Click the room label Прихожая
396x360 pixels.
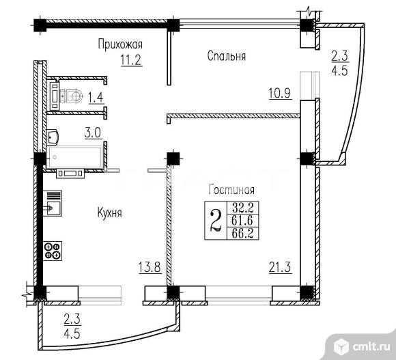point(119,44)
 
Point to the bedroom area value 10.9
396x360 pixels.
point(281,94)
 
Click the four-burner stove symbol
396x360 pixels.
point(53,251)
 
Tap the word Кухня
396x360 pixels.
point(109,213)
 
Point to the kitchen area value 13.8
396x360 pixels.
point(149,268)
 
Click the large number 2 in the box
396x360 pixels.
point(215,221)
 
